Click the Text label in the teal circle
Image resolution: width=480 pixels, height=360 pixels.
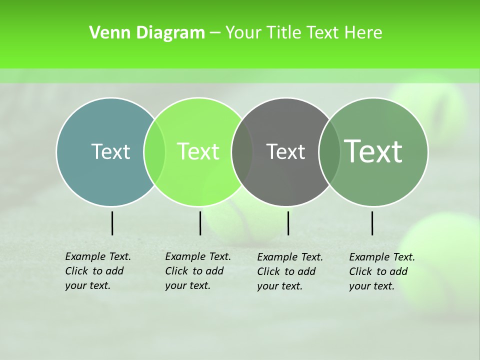point(110,151)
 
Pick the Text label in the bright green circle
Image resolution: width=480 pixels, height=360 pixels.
point(198,151)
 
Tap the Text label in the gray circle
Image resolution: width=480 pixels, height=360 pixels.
point(285,151)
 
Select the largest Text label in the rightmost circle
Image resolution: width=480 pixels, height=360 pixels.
point(373,151)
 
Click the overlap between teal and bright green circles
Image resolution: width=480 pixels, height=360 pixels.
point(154,151)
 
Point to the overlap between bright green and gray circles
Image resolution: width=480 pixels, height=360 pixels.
point(242,151)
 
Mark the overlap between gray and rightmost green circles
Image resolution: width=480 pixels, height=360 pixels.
point(329,151)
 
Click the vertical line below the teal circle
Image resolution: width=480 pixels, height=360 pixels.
point(112,223)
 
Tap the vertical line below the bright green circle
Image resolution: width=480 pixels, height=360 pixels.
point(200,223)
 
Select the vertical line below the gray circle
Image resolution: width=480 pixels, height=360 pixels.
point(288,223)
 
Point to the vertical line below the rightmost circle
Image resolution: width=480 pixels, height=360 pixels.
point(372,223)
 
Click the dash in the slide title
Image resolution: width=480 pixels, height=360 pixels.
point(215,33)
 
